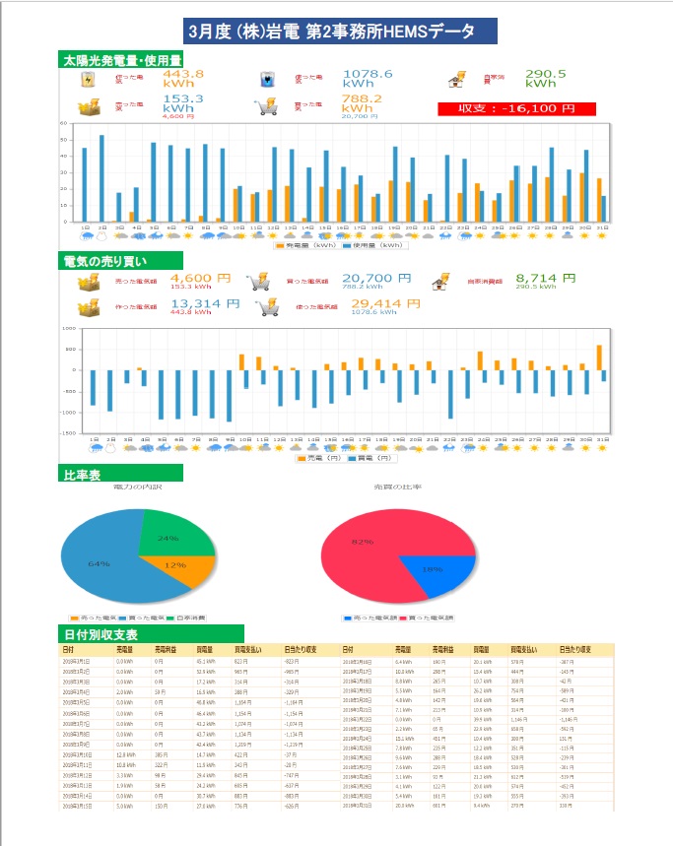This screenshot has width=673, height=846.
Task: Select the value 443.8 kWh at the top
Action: (183, 79)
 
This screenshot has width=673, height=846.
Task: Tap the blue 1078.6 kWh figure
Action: (368, 79)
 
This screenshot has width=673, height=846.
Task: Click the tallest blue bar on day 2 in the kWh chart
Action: (101, 178)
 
